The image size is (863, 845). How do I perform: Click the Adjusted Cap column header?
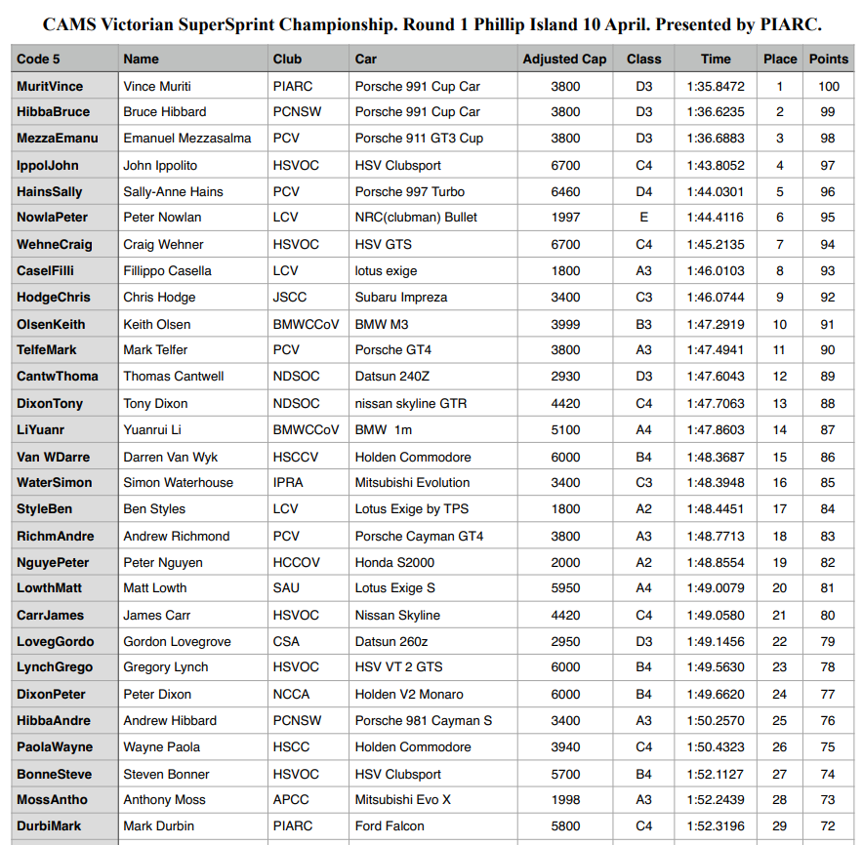pyautogui.click(x=564, y=59)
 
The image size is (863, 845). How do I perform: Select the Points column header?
pyautogui.click(x=828, y=59)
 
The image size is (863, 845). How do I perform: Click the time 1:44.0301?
pyautogui.click(x=715, y=191)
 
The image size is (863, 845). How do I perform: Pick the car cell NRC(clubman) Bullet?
pyautogui.click(x=416, y=218)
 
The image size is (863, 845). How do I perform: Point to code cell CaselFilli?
pyautogui.click(x=46, y=270)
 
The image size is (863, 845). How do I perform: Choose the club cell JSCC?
pyautogui.click(x=290, y=297)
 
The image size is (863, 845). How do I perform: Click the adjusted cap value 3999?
pyautogui.click(x=565, y=324)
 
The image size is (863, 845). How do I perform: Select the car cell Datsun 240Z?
pyautogui.click(x=399, y=377)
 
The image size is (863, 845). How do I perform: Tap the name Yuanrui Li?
pyautogui.click(x=152, y=429)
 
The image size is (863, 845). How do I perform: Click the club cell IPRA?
pyautogui.click(x=289, y=482)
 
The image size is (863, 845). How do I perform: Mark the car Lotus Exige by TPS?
pyautogui.click(x=413, y=508)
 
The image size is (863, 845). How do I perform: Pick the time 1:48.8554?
pyautogui.click(x=715, y=562)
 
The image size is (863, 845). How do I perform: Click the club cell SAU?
pyautogui.click(x=286, y=588)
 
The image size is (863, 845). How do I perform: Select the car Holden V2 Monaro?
pyautogui.click(x=409, y=694)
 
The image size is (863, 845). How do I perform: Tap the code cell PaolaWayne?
pyautogui.click(x=55, y=746)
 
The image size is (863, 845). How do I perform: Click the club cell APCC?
pyautogui.click(x=292, y=799)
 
